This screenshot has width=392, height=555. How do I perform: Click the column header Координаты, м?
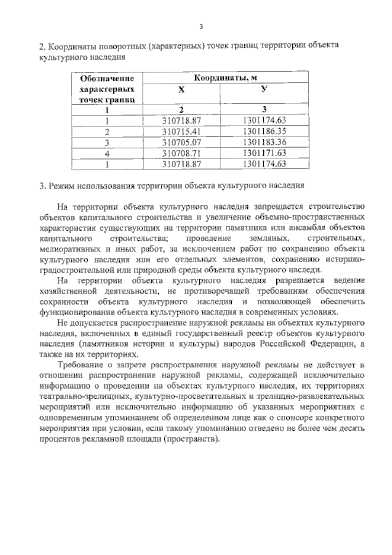click(226, 78)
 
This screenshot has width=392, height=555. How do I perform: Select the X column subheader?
click(181, 90)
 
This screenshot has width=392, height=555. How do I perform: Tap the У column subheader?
click(264, 89)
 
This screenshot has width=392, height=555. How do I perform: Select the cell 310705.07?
click(182, 142)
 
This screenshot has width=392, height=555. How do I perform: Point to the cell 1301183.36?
click(264, 142)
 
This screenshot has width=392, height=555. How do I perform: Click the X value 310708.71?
click(182, 153)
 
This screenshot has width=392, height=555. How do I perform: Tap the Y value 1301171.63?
click(264, 153)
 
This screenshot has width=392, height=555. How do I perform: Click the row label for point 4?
click(107, 153)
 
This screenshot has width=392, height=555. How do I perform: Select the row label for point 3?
click(107, 143)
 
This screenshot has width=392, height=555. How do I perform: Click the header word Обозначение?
click(107, 78)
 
